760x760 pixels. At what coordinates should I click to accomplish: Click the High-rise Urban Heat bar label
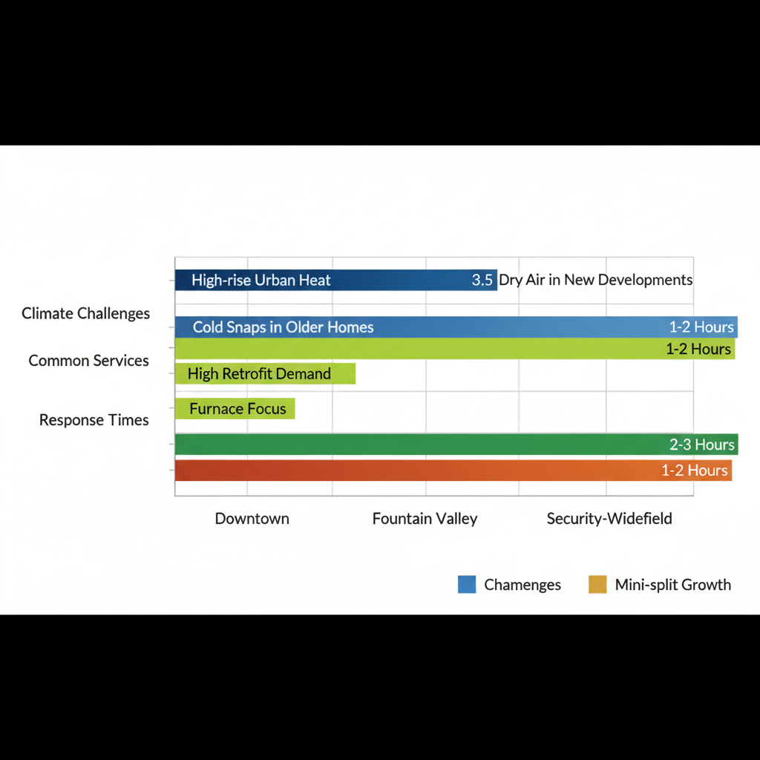point(261,280)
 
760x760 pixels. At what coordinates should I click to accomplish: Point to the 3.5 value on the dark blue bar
point(482,280)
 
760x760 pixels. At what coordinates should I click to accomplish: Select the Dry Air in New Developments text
point(595,280)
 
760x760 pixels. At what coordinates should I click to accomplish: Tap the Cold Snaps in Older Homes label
point(283,327)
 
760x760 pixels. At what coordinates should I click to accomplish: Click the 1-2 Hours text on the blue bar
point(701,327)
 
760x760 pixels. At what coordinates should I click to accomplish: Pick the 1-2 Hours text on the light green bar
point(698,349)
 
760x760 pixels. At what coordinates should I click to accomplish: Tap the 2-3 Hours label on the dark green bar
point(701,445)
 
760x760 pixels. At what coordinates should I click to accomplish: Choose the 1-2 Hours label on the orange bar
point(694,471)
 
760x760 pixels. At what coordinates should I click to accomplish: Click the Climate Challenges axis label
point(85,313)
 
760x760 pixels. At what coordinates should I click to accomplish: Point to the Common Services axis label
point(88,361)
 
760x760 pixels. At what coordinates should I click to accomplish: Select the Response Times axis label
point(94,420)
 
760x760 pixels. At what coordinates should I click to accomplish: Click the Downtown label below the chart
point(252,518)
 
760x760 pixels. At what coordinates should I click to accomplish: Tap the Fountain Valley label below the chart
point(425,518)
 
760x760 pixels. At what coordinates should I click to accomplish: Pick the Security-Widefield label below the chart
point(609,518)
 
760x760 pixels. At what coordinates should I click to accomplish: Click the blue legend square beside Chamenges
point(467,585)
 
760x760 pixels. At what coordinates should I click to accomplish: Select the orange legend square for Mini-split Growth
point(597,585)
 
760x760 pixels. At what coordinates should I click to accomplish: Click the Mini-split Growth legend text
point(672,585)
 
